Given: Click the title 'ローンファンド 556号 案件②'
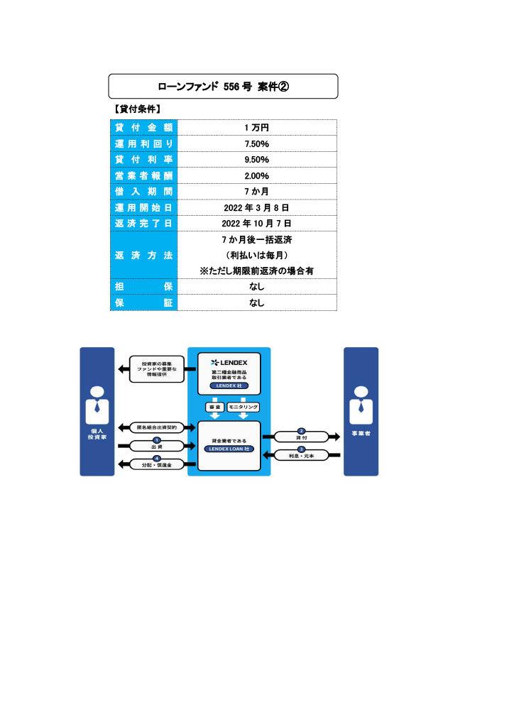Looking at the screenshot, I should [223, 86].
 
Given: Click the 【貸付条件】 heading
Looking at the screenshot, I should [136, 109].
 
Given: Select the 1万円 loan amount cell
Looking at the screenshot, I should [256, 128].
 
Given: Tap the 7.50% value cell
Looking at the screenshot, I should [256, 143].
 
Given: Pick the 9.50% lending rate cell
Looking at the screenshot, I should [256, 160].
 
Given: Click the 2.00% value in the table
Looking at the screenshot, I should [256, 175].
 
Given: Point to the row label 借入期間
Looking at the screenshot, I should [144, 192].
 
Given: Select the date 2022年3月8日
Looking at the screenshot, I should [256, 207].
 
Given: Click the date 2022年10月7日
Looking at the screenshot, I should [256, 224].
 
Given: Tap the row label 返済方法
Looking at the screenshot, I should [144, 255].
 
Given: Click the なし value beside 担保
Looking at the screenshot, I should [256, 287].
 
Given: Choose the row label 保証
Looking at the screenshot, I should [144, 303].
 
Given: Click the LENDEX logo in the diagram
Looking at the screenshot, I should [229, 363].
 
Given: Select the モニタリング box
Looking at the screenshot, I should [244, 407].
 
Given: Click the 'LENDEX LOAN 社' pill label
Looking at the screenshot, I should [229, 449].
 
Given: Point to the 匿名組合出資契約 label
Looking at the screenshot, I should [157, 427].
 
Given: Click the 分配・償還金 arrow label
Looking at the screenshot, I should [157, 464].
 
